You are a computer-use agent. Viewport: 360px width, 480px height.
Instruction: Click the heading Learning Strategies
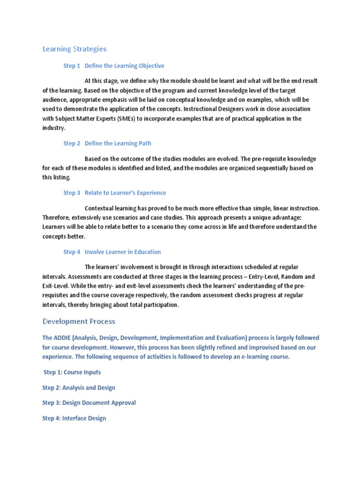75,49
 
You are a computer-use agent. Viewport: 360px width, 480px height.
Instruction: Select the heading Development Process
79,321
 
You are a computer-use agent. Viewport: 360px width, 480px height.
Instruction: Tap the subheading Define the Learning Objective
124,66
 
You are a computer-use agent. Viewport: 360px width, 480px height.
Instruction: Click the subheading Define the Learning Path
118,143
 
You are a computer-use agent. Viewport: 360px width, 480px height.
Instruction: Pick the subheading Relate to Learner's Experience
125,193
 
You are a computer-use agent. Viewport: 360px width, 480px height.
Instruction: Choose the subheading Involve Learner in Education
122,252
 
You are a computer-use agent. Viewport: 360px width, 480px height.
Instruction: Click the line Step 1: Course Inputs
71,372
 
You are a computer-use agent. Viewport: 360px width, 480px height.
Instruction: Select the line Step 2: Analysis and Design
79,388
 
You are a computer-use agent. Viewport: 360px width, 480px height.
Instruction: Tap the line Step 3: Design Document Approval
89,403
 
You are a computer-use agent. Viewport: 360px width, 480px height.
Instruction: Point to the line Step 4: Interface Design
74,418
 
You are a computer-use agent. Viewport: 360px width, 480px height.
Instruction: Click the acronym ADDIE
64,337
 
